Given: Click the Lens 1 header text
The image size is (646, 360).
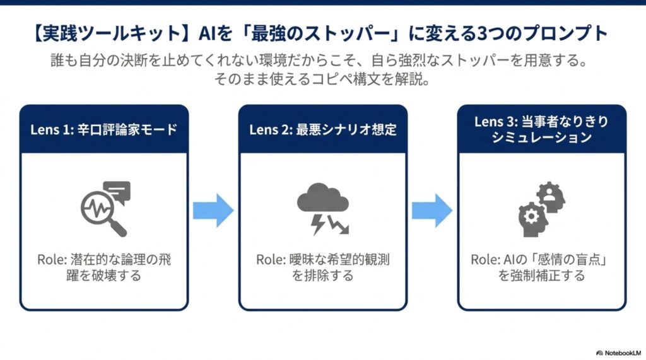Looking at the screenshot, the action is click(104, 129).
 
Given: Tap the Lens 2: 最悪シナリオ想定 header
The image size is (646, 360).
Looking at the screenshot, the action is click(323, 129).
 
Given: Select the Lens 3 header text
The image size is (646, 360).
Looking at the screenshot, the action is click(541, 129).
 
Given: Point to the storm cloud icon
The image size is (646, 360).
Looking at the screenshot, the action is click(323, 209).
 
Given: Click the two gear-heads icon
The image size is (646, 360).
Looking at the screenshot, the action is click(541, 209).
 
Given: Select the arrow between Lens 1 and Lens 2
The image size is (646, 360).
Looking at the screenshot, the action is click(213, 211).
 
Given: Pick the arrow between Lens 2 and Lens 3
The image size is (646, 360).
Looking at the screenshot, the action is click(432, 211).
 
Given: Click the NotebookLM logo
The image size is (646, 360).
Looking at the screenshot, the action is click(619, 353).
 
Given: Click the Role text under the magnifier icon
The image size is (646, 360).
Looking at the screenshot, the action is click(104, 267).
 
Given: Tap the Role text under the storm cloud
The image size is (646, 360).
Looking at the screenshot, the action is click(323, 267).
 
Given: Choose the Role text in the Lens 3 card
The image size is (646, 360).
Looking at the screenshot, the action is click(541, 267).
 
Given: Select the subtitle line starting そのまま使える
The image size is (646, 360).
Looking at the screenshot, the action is click(322, 79).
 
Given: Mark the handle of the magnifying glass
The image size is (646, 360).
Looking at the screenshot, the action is click(119, 229).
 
